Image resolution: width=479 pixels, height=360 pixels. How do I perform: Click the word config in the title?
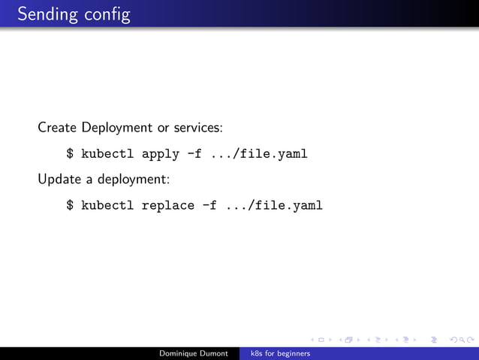click(x=106, y=14)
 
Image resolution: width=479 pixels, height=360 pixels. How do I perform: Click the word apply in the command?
click(x=161, y=154)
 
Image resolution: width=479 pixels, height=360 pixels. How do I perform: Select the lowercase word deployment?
click(x=133, y=180)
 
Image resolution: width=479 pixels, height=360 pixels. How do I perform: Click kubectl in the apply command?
click(x=107, y=154)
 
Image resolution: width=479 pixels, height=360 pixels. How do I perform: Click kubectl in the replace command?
click(x=107, y=204)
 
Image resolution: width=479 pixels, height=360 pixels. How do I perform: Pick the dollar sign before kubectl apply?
click(x=70, y=154)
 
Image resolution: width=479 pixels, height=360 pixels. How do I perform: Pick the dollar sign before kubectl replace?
click(x=70, y=204)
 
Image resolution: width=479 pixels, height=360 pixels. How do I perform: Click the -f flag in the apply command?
click(x=194, y=154)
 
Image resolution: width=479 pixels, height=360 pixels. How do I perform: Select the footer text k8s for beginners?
click(x=280, y=353)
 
